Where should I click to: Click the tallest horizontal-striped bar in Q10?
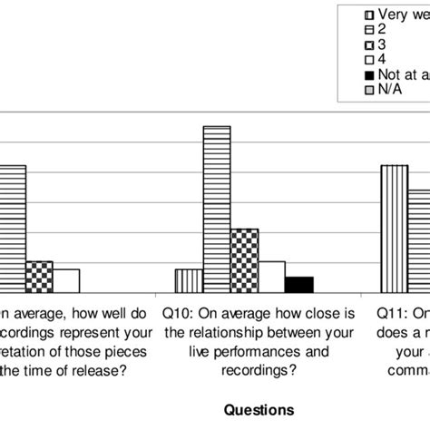click(216, 209)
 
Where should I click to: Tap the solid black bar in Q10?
click(298, 284)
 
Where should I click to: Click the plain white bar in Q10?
click(271, 276)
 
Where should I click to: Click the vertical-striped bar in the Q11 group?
click(393, 229)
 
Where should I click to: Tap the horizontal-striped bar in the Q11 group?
click(418, 240)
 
